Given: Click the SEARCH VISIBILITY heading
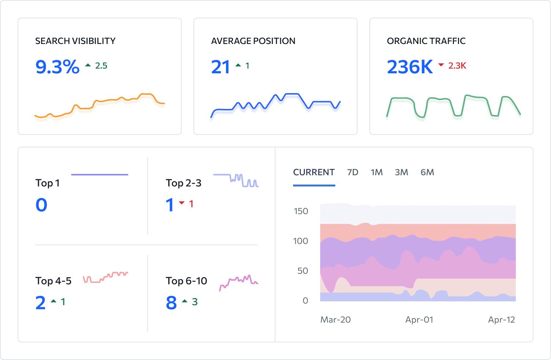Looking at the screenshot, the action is (75, 41).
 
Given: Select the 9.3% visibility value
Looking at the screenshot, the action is (58, 67).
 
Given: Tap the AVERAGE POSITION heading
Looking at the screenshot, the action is (253, 41).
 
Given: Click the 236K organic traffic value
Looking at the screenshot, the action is (410, 67).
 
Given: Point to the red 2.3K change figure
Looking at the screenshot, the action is (457, 66).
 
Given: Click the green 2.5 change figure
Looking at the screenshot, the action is (101, 66).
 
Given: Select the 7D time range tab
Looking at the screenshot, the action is (352, 172).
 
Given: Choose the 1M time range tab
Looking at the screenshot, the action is (377, 172).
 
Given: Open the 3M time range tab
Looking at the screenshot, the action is (402, 172).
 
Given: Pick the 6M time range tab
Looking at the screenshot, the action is (427, 172).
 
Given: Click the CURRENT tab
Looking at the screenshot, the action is (314, 172).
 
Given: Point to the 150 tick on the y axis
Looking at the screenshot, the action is (301, 211).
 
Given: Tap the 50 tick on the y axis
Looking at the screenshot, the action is (303, 271).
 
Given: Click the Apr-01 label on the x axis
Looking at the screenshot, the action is (419, 320).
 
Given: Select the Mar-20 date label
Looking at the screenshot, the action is (336, 320).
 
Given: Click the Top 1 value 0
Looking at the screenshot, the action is (41, 205).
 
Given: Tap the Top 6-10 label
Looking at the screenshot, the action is (186, 281).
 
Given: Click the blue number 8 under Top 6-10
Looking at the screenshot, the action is (171, 303).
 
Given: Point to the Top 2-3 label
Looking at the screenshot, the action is (184, 183).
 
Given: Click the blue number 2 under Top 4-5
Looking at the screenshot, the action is (41, 303).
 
